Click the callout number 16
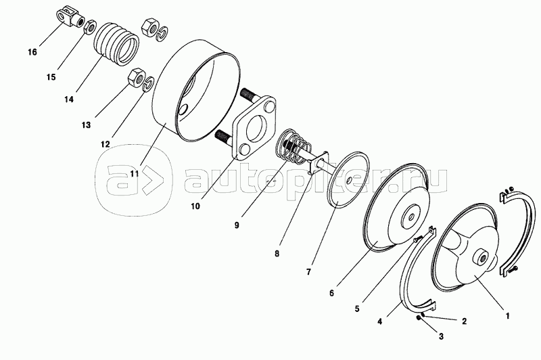pos(32,52)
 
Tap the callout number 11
pos(134,173)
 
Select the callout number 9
pos(237,225)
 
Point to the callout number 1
pos(508,315)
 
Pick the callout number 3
pos(441,336)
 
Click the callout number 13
pos(87,125)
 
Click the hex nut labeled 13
pos(136,78)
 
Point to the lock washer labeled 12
pos(149,85)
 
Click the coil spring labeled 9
pos(293,147)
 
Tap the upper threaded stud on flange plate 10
pos(250,95)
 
